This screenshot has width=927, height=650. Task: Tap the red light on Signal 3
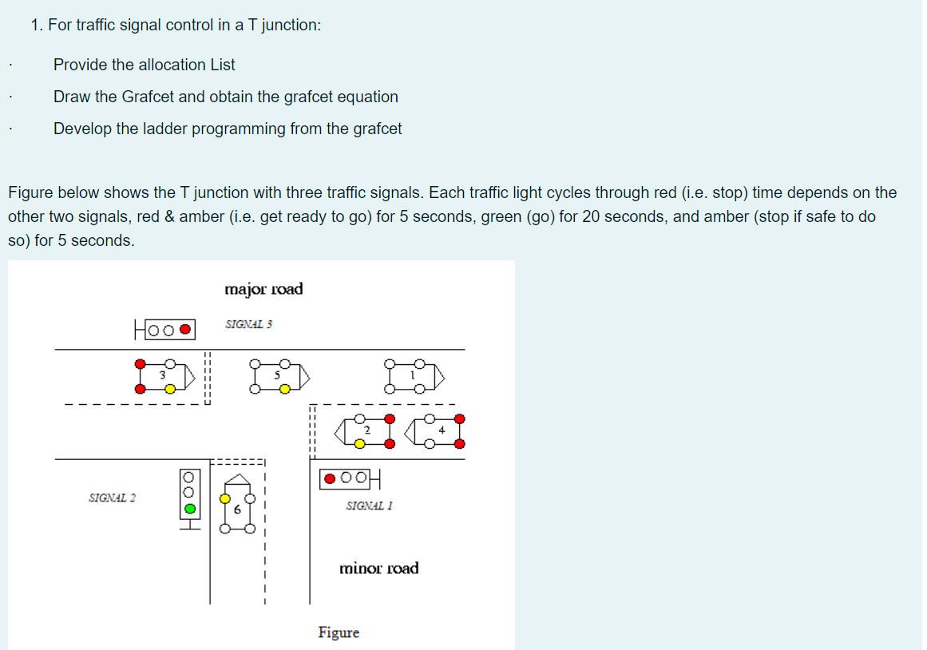[x=185, y=328]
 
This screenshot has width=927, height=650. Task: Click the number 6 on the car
[x=237, y=509]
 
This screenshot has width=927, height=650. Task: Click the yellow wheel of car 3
[x=170, y=389]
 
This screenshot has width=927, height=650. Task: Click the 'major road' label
[x=263, y=289]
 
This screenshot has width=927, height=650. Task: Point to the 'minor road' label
[x=378, y=569]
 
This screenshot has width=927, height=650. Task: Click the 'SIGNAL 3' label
[x=248, y=325]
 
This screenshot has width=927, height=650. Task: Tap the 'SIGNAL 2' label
[x=112, y=497]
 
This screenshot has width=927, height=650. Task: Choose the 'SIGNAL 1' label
[x=370, y=505]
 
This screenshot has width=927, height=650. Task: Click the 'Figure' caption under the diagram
[x=339, y=632]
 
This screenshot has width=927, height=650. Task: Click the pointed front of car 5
[x=304, y=375]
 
